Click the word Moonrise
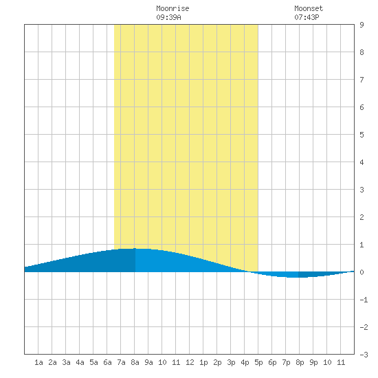click(173, 9)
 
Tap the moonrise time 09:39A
click(168, 17)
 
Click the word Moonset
click(309, 9)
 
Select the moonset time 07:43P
click(307, 17)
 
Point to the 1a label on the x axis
click(38, 362)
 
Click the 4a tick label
click(80, 362)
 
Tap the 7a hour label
click(121, 362)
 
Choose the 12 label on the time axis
click(190, 362)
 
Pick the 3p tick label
click(231, 362)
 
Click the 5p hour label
click(258, 362)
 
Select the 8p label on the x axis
click(300, 362)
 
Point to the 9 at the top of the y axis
click(362, 25)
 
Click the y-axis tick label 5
click(362, 135)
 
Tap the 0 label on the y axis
click(362, 272)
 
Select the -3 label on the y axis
click(364, 355)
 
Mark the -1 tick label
click(364, 300)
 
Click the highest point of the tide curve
click(135, 248)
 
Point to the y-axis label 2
click(362, 217)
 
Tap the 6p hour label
click(272, 362)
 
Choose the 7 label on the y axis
click(362, 80)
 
